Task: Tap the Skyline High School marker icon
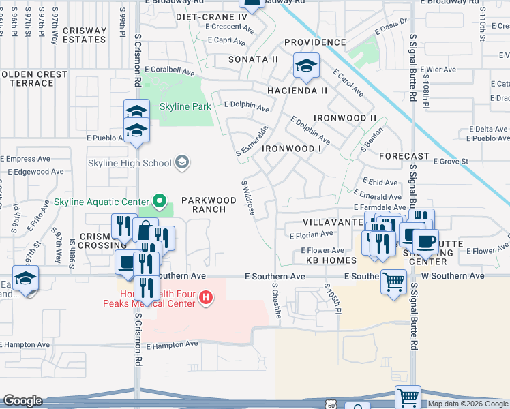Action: coord(182,162)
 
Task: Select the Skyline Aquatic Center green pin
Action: coord(160,201)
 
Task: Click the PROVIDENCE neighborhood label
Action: coord(315,42)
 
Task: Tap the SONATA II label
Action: coord(253,59)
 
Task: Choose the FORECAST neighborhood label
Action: coord(404,156)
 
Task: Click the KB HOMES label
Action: coord(331,260)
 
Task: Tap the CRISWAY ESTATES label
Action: coord(85,35)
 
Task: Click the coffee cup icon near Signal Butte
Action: coord(425,241)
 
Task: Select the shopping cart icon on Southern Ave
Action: coord(393,280)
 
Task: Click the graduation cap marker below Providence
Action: coord(306,66)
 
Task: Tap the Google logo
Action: coord(22,401)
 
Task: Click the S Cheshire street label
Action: coord(277,301)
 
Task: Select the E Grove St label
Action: coord(451,162)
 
